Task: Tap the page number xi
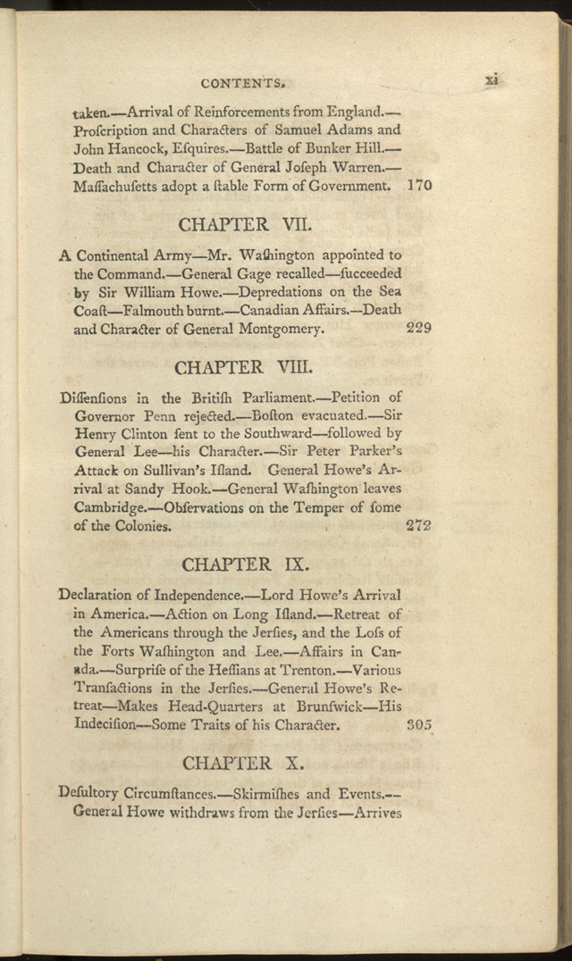tap(491, 79)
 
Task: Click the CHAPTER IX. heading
tap(244, 564)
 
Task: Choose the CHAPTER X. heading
tap(244, 764)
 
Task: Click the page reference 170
tap(418, 187)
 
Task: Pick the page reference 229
tap(418, 328)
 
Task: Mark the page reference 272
tap(418, 526)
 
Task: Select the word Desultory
tap(90, 794)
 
